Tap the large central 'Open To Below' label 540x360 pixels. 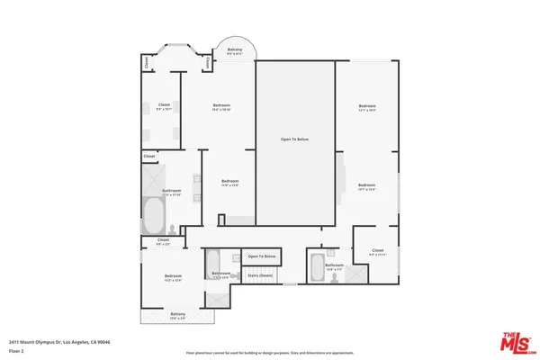(x=296, y=139)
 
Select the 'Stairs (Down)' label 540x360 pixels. (x=261, y=274)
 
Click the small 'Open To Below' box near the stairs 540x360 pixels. (x=261, y=256)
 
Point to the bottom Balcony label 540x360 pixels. (x=177, y=316)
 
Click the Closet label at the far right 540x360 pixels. (x=377, y=252)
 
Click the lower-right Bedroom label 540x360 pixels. (x=366, y=187)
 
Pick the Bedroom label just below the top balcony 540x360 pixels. (x=221, y=107)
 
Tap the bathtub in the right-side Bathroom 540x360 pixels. (x=318, y=268)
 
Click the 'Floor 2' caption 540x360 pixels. (x=15, y=350)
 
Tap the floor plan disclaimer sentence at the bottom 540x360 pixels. (x=269, y=352)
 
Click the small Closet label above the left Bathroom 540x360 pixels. (x=148, y=157)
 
